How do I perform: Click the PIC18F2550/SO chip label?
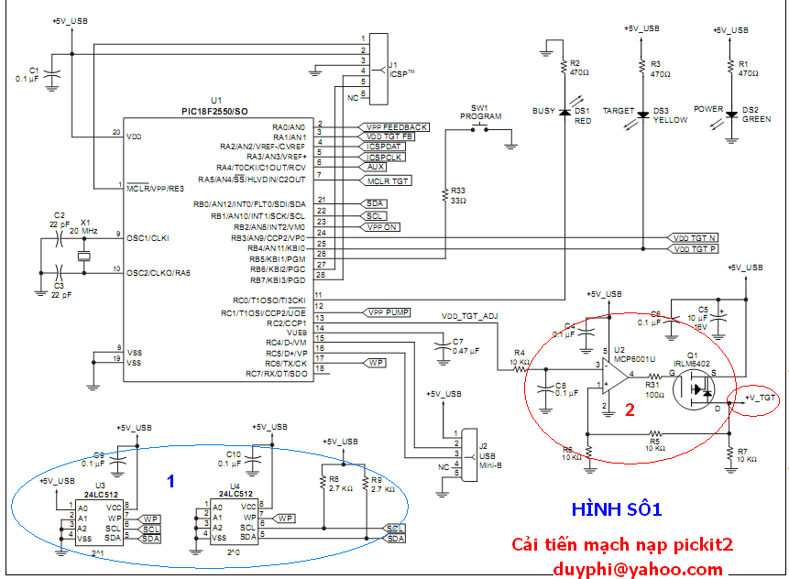(214, 111)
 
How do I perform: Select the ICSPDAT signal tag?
(385, 147)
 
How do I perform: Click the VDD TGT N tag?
(695, 237)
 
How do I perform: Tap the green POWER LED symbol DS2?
(730, 114)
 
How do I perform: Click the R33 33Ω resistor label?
(457, 195)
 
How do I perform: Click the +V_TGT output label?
(761, 398)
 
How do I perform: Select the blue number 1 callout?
(170, 478)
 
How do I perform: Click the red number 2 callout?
(630, 410)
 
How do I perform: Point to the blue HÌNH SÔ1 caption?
(616, 508)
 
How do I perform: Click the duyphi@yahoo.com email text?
(637, 569)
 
